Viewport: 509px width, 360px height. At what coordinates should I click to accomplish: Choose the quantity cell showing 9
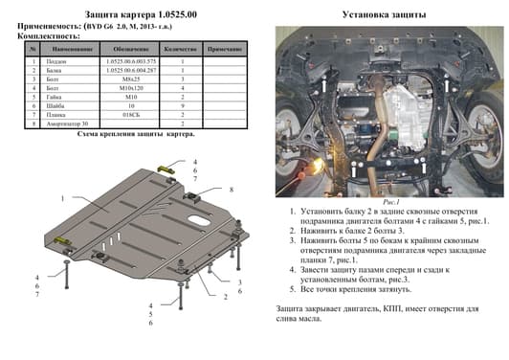point(182,104)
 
